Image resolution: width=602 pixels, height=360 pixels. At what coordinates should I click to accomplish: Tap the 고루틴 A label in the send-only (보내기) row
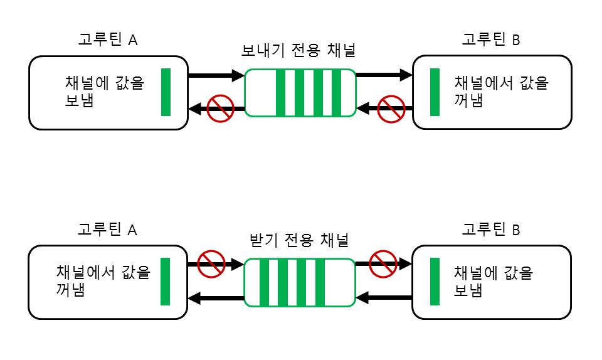tap(108, 40)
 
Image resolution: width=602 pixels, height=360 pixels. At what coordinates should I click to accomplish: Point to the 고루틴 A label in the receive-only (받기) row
tap(108, 230)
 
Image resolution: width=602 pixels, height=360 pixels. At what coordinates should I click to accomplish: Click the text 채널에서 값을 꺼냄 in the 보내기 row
tap(500, 92)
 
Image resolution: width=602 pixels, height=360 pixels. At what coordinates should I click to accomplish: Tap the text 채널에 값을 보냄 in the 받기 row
tap(492, 282)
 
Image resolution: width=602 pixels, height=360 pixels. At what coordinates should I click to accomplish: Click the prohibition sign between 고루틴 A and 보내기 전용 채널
tap(220, 109)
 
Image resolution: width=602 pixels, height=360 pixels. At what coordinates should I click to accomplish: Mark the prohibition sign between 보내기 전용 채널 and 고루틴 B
tap(391, 109)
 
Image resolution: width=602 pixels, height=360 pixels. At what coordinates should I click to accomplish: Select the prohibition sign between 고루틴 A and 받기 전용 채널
tap(211, 264)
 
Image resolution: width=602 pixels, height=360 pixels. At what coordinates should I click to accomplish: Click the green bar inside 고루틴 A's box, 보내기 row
tap(166, 92)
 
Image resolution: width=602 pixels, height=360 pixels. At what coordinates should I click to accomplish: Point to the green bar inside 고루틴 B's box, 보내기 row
tap(435, 92)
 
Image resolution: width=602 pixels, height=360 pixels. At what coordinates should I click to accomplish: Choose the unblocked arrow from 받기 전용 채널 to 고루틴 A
tap(216, 298)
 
